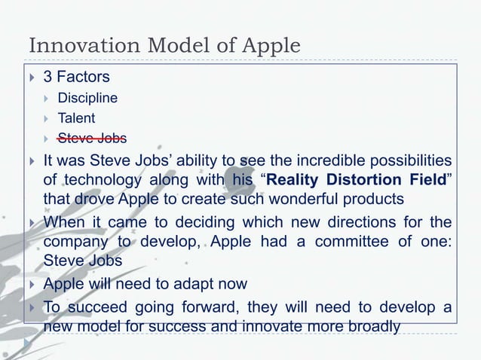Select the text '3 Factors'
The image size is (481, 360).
76,77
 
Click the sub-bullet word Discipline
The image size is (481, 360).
87,98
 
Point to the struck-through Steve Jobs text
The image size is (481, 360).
92,138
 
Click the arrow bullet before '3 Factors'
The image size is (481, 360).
32,78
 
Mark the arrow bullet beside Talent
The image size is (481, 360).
47,118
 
